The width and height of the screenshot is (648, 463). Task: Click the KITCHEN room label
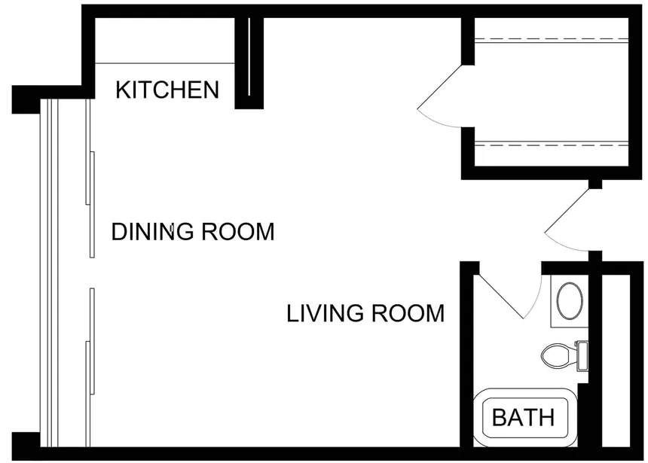167,90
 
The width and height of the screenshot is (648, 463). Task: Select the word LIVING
326,313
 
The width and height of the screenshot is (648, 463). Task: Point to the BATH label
523,417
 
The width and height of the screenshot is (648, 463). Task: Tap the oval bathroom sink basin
570,300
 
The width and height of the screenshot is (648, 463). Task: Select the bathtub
525,418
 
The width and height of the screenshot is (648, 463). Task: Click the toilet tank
582,356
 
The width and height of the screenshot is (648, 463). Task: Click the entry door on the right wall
567,220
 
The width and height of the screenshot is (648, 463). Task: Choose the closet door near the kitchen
440,96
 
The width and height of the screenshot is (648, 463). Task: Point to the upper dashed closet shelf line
552,40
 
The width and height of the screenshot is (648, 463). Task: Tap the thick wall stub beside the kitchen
249,63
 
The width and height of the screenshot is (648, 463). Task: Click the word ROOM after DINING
238,231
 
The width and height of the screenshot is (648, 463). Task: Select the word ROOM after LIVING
408,313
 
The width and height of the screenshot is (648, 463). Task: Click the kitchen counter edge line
165,63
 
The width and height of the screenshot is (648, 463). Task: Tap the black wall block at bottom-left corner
26,446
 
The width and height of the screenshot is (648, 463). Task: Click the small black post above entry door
595,184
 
